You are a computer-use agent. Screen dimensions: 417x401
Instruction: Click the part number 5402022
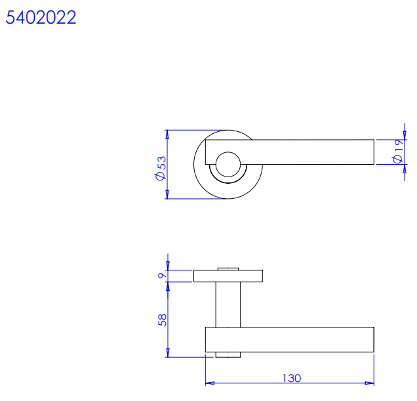pyautogui.click(x=41, y=18)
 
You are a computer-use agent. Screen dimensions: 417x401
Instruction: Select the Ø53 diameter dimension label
pyautogui.click(x=161, y=168)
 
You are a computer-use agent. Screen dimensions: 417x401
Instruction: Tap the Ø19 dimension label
pyautogui.click(x=398, y=152)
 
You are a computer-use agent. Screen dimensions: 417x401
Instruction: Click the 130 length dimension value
pyautogui.click(x=292, y=378)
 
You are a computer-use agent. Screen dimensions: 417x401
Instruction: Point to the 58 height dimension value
pyautogui.click(x=162, y=320)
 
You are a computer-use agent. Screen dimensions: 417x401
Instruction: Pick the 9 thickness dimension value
pyautogui.click(x=162, y=276)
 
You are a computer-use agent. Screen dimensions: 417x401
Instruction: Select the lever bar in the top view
pyautogui.click(x=290, y=152)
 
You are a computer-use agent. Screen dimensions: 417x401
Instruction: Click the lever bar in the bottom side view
pyautogui.click(x=290, y=339)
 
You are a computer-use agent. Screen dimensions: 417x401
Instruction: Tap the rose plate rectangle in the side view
pyautogui.click(x=228, y=276)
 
